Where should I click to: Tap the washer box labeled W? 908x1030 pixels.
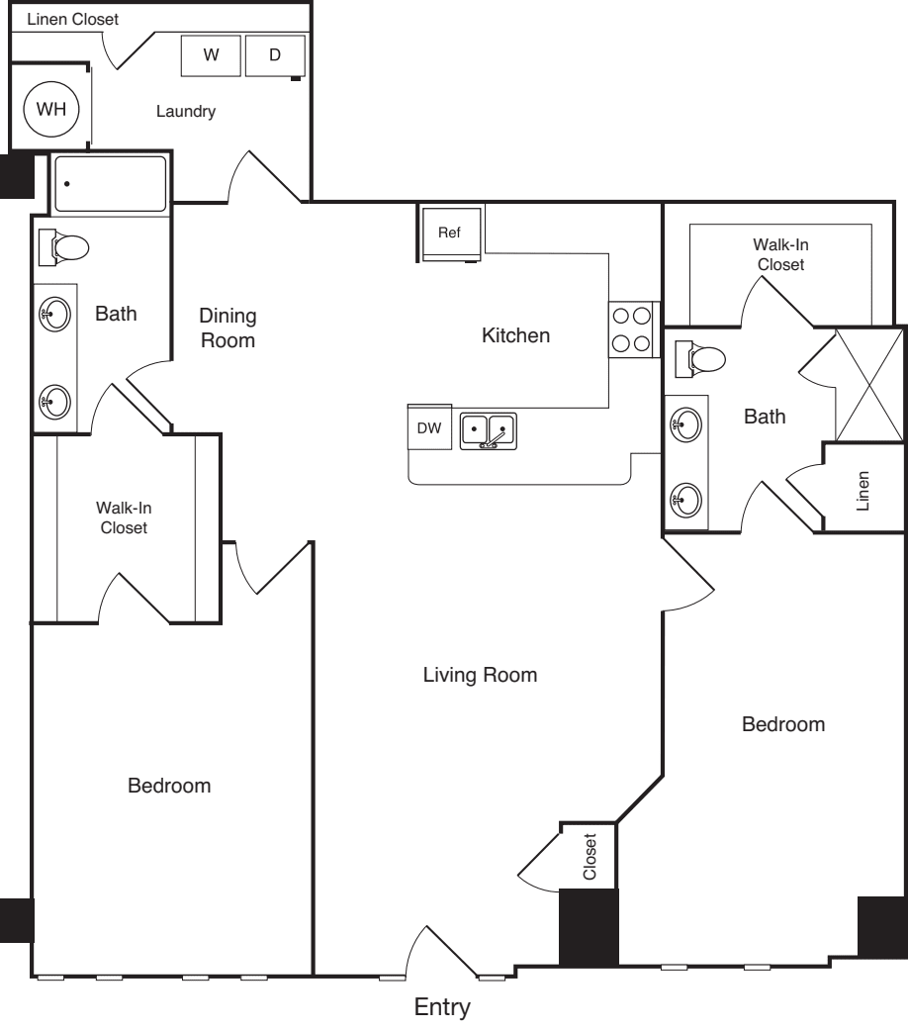click(211, 56)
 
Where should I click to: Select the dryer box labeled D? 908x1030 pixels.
click(274, 56)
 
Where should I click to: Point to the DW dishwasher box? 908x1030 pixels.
click(429, 428)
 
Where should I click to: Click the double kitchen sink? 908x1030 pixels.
click(489, 431)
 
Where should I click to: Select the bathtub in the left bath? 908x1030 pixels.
click(110, 184)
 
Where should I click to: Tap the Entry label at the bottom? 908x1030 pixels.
click(441, 1008)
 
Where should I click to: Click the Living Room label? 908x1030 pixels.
click(480, 676)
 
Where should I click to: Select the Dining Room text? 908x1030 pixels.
click(227, 328)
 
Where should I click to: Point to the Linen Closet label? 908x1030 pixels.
click(72, 19)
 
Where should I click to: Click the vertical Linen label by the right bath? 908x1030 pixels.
click(864, 490)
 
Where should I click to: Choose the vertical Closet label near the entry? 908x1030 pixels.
click(590, 857)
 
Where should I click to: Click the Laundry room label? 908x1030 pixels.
click(185, 112)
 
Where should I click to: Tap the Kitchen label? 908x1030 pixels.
click(515, 336)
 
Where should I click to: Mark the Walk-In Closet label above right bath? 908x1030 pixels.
click(780, 254)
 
